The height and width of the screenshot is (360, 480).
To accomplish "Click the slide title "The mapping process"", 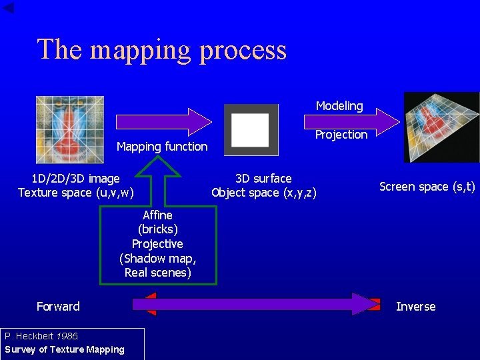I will click(x=161, y=50).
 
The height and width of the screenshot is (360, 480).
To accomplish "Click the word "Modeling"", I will click(x=339, y=106).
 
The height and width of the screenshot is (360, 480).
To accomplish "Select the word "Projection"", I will click(x=341, y=135).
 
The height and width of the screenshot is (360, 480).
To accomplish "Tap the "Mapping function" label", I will click(x=162, y=146).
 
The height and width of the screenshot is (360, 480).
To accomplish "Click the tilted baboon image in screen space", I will click(x=441, y=127).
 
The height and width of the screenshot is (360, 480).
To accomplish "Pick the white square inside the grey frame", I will click(x=250, y=129).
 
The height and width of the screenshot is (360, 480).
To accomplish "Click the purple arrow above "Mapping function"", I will click(x=163, y=121).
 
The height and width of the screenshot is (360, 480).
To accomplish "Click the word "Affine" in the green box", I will click(x=157, y=215).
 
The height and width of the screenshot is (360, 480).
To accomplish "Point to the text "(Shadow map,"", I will click(x=158, y=259).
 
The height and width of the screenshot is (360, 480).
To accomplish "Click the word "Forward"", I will click(x=58, y=307).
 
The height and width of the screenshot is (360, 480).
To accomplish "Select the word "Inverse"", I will click(x=415, y=307).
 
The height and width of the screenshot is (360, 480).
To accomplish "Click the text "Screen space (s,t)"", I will click(x=427, y=187).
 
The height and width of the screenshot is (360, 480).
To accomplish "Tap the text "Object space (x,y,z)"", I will click(x=263, y=193).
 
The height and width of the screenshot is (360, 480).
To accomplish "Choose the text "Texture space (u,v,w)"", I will click(x=75, y=193).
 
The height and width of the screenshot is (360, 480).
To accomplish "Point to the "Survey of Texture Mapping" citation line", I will click(x=65, y=349).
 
